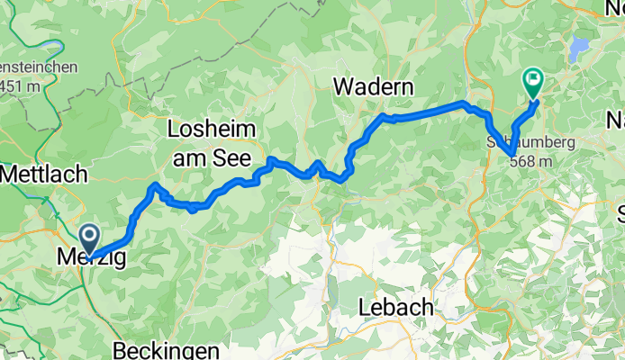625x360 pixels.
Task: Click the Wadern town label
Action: (373, 87)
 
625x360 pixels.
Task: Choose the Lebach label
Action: (396, 306)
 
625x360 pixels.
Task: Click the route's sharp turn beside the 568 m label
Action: (511, 151)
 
